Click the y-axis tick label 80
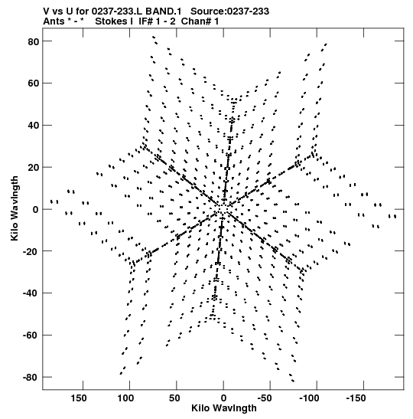coord(34,41)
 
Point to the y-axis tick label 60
coord(34,83)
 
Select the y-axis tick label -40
coord(31,293)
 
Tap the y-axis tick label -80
coord(31,378)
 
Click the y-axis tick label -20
coord(31,251)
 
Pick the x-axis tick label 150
coord(79,398)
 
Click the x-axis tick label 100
coord(125,398)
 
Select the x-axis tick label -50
coord(265,398)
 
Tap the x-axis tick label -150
coord(356,398)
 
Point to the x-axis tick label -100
coord(309,398)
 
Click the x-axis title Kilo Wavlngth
coord(224,408)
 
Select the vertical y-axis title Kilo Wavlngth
coord(15,208)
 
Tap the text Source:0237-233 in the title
coord(229,11)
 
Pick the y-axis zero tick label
coord(36,210)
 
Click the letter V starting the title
coord(46,11)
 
